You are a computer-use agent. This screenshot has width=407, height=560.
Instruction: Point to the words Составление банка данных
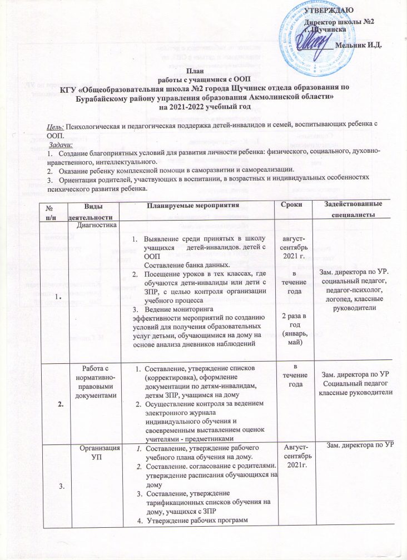click(x=176, y=266)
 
